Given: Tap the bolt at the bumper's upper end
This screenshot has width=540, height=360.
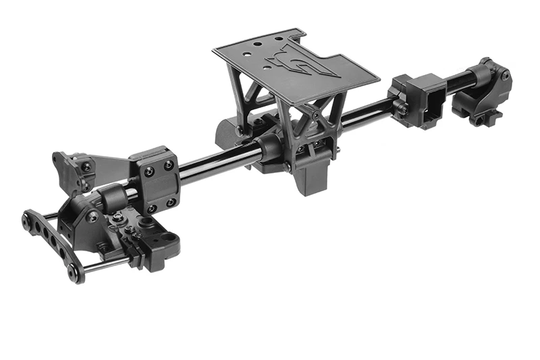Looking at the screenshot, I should tap(27, 219).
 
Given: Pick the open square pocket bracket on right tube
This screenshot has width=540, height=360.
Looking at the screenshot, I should tap(425, 102).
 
